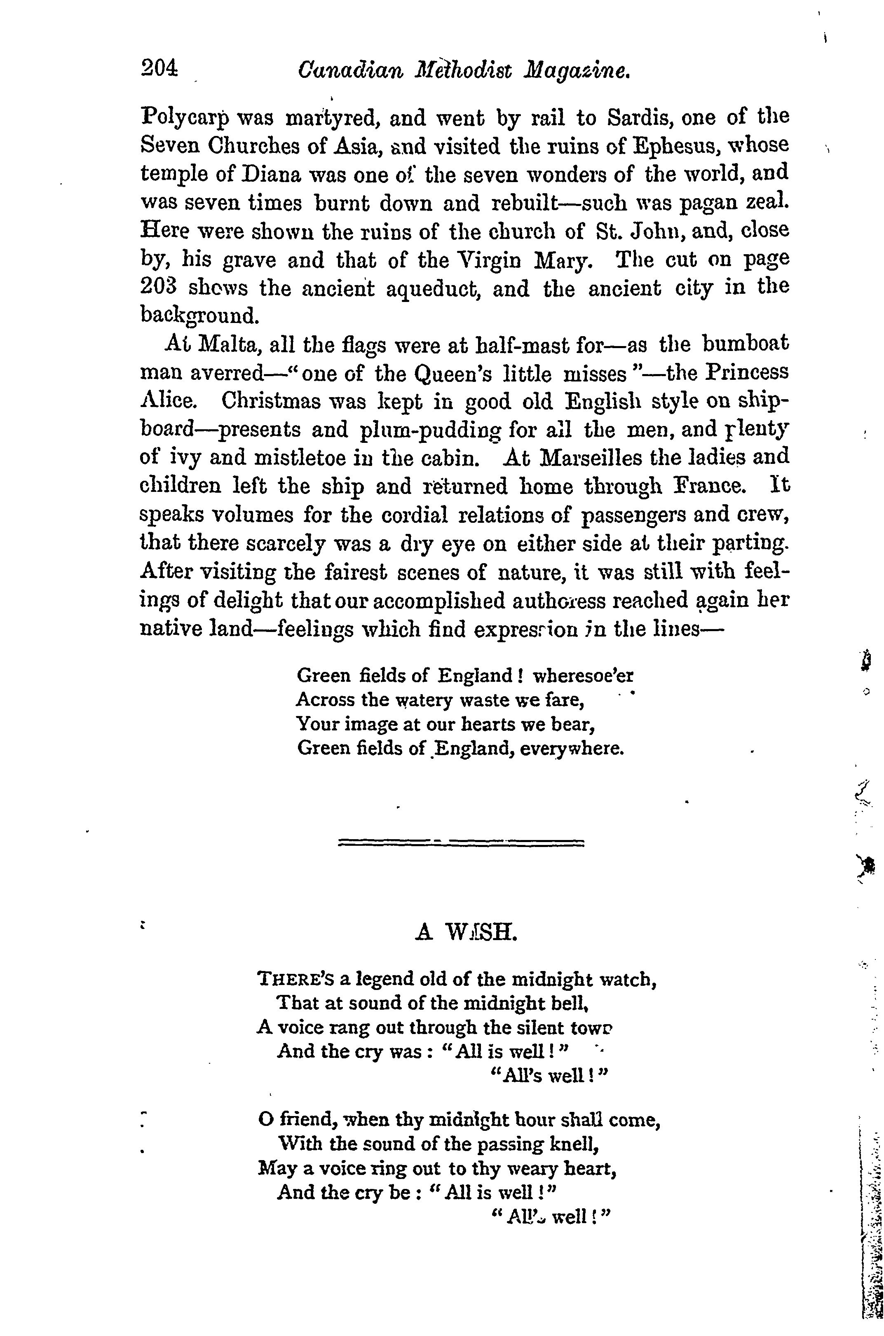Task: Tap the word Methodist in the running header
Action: tap(461, 72)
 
